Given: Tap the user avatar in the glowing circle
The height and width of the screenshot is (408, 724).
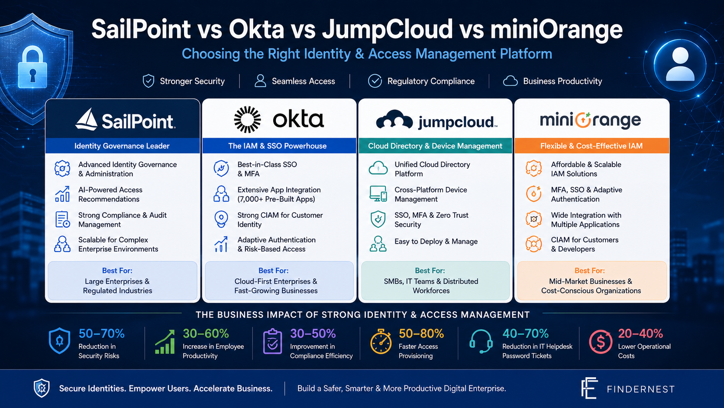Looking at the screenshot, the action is (680, 65).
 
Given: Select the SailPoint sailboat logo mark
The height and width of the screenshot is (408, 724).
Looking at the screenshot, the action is (86, 119).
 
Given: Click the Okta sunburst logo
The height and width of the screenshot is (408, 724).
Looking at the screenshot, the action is (247, 119).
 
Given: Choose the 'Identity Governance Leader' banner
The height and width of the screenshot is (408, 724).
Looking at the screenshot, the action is (123, 146).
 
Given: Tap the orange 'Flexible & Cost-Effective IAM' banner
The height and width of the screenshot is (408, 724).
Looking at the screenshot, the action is (591, 146).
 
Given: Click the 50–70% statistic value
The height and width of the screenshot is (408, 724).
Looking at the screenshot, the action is (101, 333).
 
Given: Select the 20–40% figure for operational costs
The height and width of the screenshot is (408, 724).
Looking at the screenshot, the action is (640, 333).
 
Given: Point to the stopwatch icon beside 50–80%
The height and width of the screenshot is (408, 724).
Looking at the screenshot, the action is (381, 341).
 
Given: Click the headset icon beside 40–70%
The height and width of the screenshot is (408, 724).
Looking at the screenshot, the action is (481, 341).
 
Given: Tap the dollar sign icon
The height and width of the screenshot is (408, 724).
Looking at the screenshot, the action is (601, 342).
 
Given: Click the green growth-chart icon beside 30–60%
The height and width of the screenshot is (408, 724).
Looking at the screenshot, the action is (165, 342).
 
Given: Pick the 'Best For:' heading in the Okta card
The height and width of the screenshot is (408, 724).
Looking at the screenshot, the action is (273, 271).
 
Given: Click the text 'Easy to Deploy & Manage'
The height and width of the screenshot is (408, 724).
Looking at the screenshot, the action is (436, 242).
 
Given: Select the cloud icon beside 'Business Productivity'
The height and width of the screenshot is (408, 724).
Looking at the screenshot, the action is (511, 81).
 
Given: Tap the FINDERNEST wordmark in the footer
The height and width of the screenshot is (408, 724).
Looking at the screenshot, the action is (640, 389).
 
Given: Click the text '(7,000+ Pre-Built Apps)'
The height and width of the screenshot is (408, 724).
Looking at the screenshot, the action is (276, 199).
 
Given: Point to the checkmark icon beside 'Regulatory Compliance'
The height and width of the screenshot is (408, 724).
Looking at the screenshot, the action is (375, 81).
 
